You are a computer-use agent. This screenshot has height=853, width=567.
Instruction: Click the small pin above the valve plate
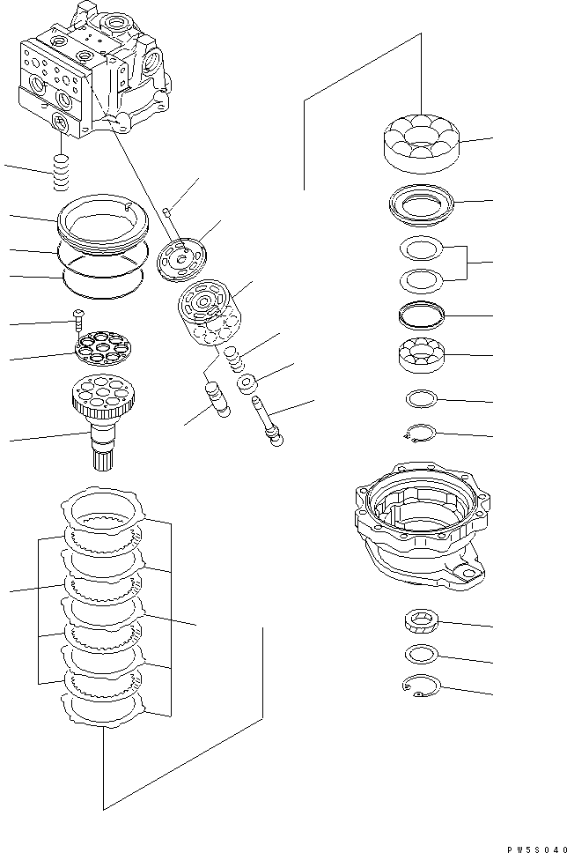click(169, 210)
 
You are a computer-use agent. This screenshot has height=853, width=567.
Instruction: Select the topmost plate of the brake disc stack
click(103, 510)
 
